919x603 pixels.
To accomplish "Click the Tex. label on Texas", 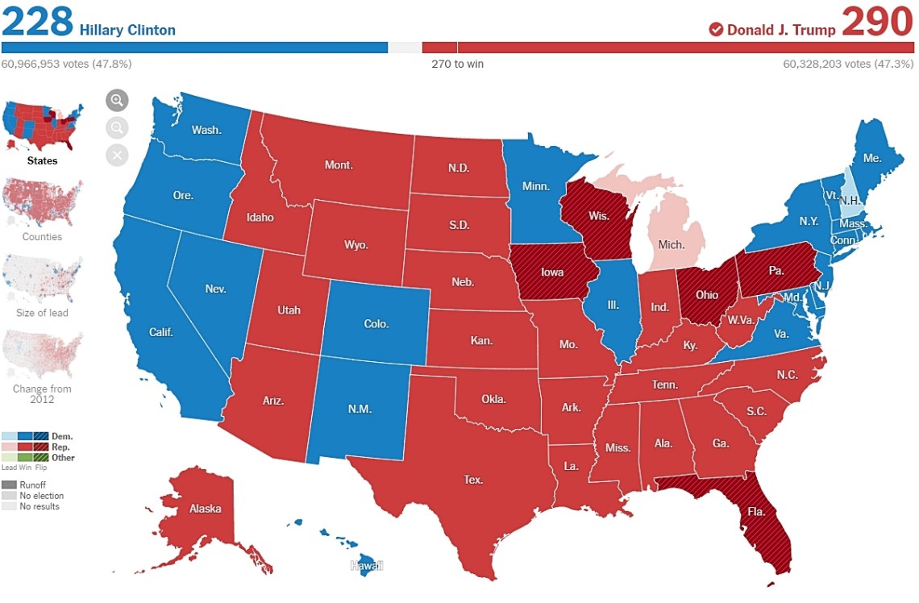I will tap(473, 480).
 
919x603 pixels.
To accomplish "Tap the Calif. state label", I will tap(162, 332).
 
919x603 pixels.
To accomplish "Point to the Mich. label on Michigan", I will tap(672, 243).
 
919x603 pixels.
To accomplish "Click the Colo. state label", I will tap(376, 324).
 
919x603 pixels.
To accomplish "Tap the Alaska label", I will tap(205, 509).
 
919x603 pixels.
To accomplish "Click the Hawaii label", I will tap(366, 566).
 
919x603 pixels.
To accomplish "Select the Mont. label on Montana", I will tap(339, 164).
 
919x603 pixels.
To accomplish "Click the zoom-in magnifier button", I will tap(118, 100).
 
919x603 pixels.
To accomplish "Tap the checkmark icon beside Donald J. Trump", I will tap(716, 30).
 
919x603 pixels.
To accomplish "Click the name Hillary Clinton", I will tap(127, 31).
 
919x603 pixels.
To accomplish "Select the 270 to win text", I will tap(457, 64).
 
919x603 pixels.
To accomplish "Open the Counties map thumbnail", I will tap(43, 202).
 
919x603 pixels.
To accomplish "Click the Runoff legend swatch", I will tap(9, 484).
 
